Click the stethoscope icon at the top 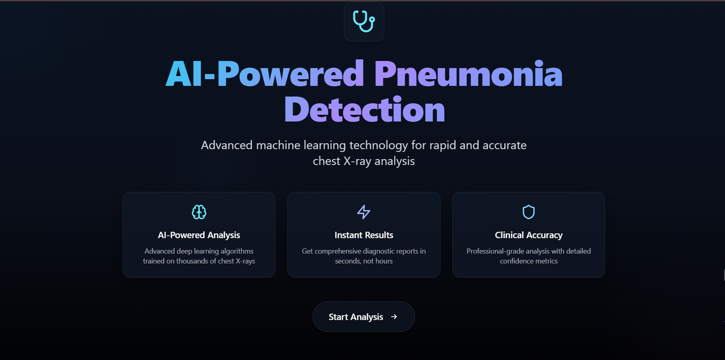click(x=364, y=21)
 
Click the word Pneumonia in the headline click(x=468, y=74)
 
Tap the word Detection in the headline click(x=364, y=109)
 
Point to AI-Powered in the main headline click(x=265, y=74)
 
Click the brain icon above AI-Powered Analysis click(x=199, y=212)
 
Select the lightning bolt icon click(x=364, y=212)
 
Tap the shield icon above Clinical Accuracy click(x=528, y=212)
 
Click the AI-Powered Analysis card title click(x=199, y=235)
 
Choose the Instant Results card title click(x=364, y=235)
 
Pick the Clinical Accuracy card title click(x=528, y=235)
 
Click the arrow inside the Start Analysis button click(x=394, y=317)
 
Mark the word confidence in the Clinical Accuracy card click(x=517, y=261)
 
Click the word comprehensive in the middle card click(x=343, y=251)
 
